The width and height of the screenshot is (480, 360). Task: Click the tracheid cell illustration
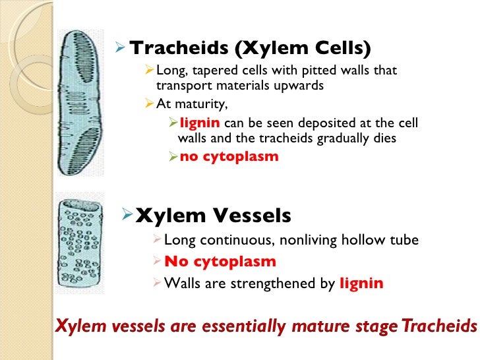(x=79, y=102)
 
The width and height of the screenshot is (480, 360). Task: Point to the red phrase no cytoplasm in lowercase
(x=229, y=157)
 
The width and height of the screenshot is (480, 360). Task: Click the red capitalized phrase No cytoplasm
(x=220, y=261)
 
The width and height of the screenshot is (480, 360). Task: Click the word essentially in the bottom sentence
(x=239, y=325)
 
